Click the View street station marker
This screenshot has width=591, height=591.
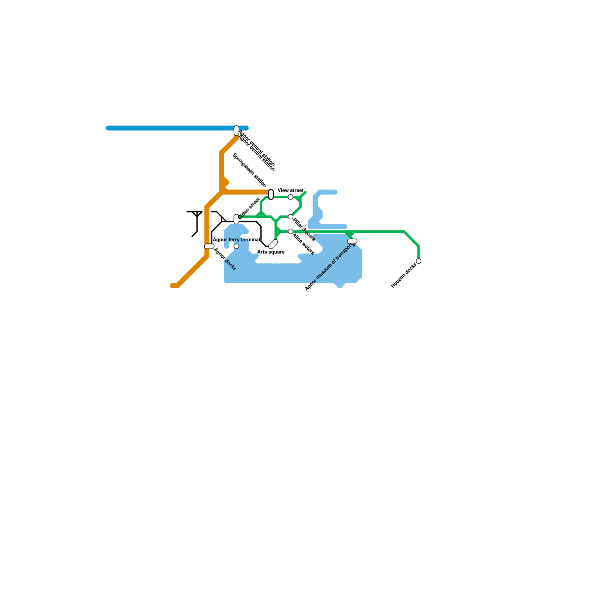coord(291,197)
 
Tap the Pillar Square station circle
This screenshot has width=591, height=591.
coord(291,216)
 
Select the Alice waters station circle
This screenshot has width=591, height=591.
coord(291,231)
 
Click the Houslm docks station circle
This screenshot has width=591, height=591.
coord(419,261)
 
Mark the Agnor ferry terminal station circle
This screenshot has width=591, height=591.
coord(236,246)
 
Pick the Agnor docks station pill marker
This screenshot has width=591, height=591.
coord(209,246)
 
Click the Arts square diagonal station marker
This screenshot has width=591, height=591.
coord(273,244)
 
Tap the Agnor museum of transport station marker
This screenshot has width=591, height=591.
coord(352,241)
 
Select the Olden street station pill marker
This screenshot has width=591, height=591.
coord(236,219)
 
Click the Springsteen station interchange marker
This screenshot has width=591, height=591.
coord(271,194)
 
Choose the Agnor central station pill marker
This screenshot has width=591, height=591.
coord(236,130)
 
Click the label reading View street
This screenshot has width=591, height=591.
coord(291,191)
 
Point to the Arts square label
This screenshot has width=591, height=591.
coord(271,252)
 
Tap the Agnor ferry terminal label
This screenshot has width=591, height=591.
coord(236,240)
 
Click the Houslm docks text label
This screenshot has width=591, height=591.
coord(404,276)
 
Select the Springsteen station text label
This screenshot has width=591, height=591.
coord(249,170)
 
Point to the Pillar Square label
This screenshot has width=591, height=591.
coord(304,230)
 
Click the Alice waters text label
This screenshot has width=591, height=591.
coord(303,244)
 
